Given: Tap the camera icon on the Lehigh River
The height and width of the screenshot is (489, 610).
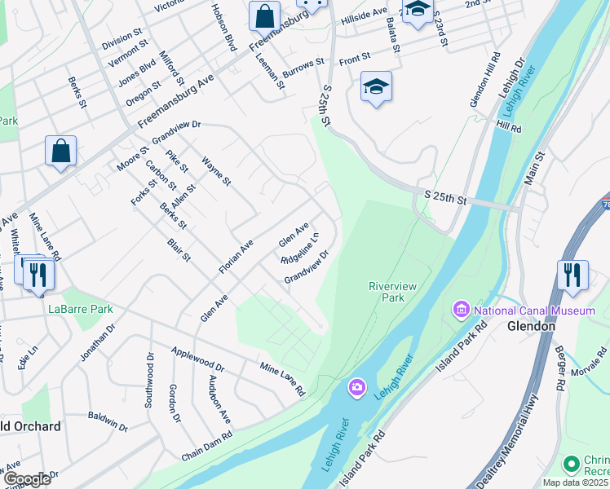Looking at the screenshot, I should [x=356, y=388].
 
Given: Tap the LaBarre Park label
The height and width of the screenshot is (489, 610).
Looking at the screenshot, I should [x=80, y=309].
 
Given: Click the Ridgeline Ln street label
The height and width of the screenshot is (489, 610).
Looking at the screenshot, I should [x=299, y=249].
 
